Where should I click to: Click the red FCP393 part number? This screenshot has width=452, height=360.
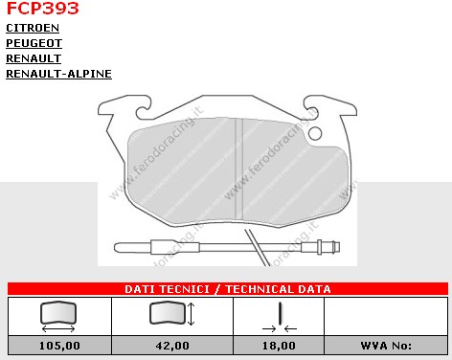coord(42,8)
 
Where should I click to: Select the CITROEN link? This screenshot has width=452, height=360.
coord(33,28)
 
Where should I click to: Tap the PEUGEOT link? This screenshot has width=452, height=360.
coord(34,43)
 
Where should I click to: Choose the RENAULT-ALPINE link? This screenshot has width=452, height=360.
coord(58,74)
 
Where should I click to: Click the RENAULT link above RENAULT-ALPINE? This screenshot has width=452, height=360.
coord(34,58)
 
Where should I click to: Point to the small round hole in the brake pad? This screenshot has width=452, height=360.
coord(315,133)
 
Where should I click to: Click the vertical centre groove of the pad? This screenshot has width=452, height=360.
coord(238,169)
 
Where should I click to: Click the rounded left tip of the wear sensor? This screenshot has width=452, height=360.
coord(118,247)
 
